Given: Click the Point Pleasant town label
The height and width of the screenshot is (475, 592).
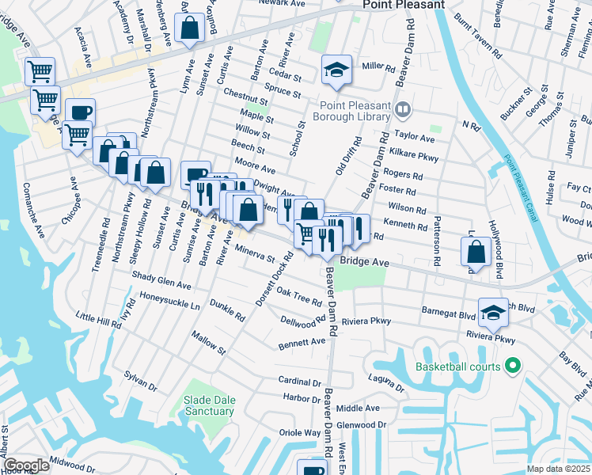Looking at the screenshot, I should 403,5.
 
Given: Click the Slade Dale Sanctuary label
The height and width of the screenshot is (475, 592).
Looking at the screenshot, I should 210,405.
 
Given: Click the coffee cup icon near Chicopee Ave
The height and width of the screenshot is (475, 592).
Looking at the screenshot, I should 79,112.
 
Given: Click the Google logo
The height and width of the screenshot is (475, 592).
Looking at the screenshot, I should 26,465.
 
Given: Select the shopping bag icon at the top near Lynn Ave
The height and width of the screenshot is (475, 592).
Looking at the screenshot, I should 191,28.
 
